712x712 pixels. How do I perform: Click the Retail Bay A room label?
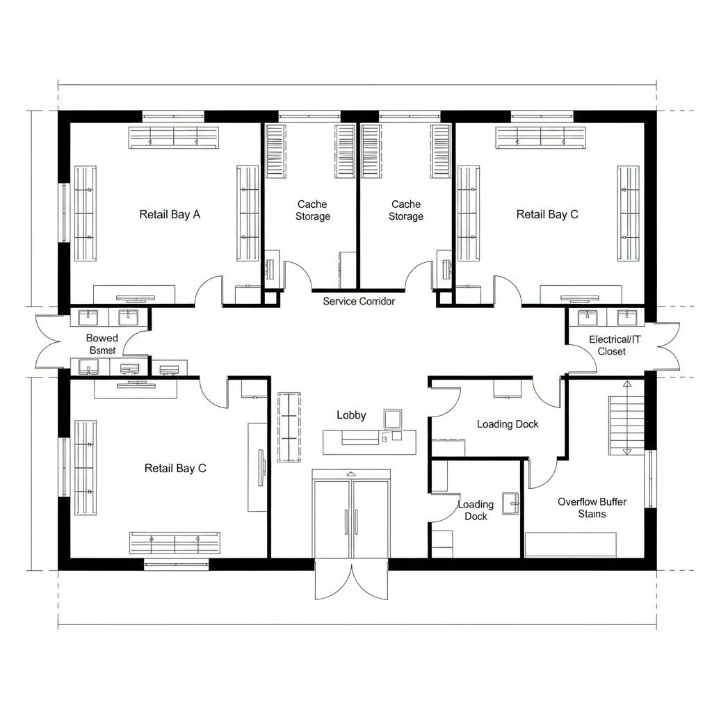(x=170, y=214)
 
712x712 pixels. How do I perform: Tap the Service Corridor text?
(x=359, y=301)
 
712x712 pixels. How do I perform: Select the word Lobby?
(x=351, y=415)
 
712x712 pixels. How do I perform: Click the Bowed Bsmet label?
(x=102, y=344)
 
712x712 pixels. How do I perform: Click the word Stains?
(x=592, y=515)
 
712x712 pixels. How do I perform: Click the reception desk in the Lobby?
(x=369, y=442)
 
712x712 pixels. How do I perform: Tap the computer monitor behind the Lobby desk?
(x=393, y=419)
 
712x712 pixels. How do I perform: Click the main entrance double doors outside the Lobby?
(x=351, y=581)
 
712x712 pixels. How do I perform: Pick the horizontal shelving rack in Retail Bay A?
(x=173, y=137)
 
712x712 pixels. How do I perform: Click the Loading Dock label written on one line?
(x=508, y=424)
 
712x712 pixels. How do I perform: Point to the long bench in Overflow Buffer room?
(x=570, y=544)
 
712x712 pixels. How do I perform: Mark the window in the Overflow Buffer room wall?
(x=652, y=478)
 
